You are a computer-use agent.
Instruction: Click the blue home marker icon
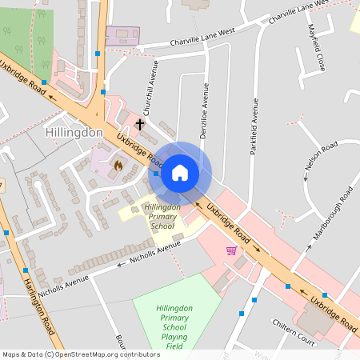tap(180, 172)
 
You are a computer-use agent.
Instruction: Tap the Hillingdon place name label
tap(74, 132)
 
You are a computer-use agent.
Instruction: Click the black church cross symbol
tap(140, 124)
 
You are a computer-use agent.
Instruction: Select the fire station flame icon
tap(118, 166)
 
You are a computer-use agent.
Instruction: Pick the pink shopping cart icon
tap(231, 250)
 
